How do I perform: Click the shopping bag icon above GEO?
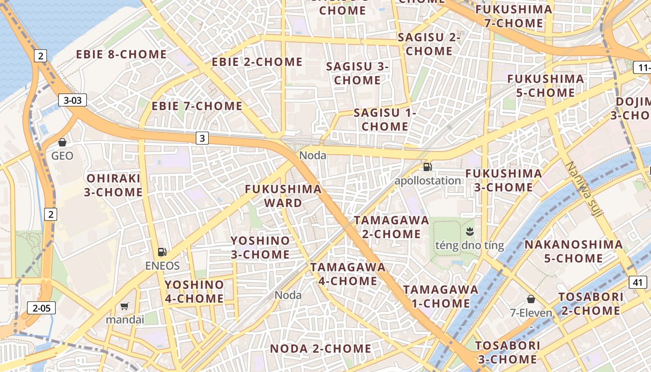62,142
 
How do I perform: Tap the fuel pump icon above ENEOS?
162,252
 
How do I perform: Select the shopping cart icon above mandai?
124,306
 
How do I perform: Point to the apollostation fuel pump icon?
427,167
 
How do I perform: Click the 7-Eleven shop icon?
531,299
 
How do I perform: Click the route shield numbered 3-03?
73,100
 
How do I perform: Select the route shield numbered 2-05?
41,307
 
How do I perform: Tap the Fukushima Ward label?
283,196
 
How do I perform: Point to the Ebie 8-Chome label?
121,54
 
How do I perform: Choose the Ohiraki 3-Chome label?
113,185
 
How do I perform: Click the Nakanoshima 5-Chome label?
573,251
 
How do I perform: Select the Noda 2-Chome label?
320,348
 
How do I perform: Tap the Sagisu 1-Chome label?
385,120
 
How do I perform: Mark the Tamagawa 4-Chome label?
348,274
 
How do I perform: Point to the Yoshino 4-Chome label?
194,292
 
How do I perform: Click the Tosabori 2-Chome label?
591,304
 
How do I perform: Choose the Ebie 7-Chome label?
197,106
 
